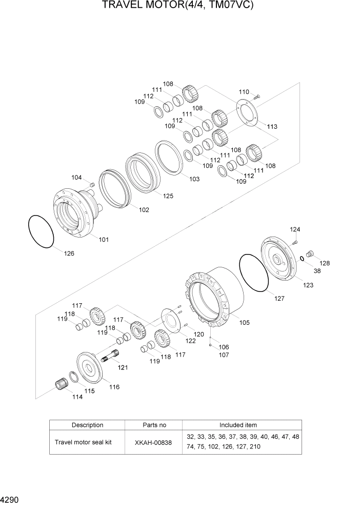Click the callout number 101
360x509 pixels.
click(x=104, y=239)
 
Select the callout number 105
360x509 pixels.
click(x=245, y=323)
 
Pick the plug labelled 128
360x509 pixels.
click(x=309, y=253)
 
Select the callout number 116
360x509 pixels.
click(x=114, y=387)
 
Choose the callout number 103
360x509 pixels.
click(x=194, y=179)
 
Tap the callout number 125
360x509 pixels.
click(x=168, y=195)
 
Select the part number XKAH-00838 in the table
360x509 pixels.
click(x=154, y=442)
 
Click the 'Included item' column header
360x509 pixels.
click(x=238, y=425)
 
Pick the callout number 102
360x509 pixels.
click(x=144, y=209)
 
